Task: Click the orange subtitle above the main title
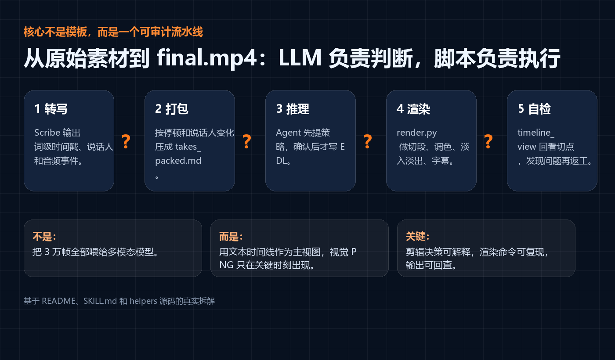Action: pos(113,32)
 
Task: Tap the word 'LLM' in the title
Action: pos(300,58)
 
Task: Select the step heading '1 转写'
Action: pos(51,109)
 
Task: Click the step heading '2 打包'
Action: pos(172,109)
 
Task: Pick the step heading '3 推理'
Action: pos(293,109)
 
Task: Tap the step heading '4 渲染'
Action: pos(413,109)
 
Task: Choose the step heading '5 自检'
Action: pos(534,109)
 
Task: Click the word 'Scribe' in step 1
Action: pos(47,133)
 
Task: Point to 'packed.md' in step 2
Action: pos(178,161)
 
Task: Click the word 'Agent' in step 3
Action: pos(288,133)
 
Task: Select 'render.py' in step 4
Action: pos(417,133)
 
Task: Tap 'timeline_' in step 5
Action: pos(536,133)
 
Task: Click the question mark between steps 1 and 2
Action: pos(126,141)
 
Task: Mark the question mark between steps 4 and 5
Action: pos(488,141)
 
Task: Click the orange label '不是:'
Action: pos(44,236)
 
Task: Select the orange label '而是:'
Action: pos(231,236)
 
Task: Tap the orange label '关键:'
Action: pos(418,236)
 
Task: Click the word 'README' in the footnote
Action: pos(58,301)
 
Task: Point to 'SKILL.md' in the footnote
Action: pos(100,301)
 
